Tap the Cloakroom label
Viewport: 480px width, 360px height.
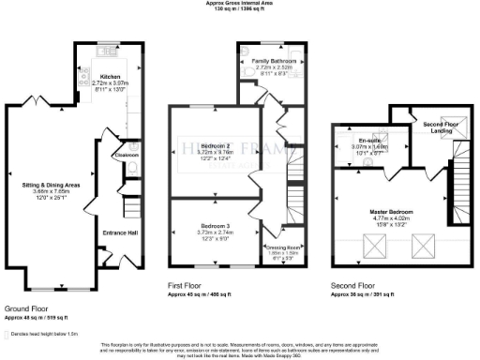(x=127, y=155)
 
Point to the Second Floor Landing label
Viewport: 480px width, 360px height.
(x=439, y=127)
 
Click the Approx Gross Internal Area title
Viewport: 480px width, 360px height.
(x=240, y=4)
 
